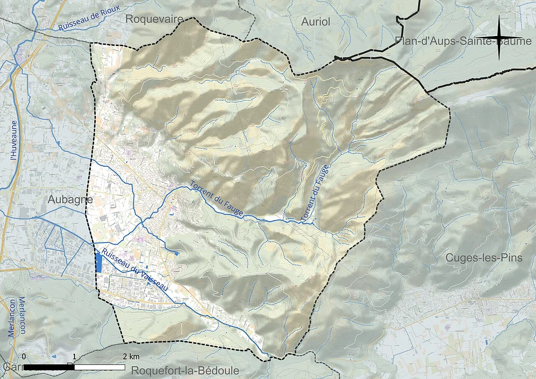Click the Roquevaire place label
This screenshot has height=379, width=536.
coord(155,19)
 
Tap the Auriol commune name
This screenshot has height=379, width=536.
coord(316,22)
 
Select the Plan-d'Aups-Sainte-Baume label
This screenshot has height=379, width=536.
coord(463,41)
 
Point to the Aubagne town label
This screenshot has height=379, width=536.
coord(70,199)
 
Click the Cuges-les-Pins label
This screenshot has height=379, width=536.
coord(484,258)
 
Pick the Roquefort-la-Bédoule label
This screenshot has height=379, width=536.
coord(185,371)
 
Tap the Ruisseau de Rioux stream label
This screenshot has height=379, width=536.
coord(89,18)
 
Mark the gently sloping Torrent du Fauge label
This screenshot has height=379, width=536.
coord(216,199)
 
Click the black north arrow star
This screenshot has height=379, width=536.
coord(499,38)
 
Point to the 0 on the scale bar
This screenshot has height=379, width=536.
coord(24,357)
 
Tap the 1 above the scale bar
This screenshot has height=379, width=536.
coord(74,357)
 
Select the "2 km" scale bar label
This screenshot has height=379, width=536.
coord(131,357)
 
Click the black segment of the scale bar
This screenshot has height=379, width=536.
coord(49,367)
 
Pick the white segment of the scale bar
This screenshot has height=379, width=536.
coord(99,367)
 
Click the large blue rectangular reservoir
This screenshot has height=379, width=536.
coord(99,263)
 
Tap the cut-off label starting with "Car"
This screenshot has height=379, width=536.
coord(10,367)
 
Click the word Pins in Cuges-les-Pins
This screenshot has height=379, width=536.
coord(511,258)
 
